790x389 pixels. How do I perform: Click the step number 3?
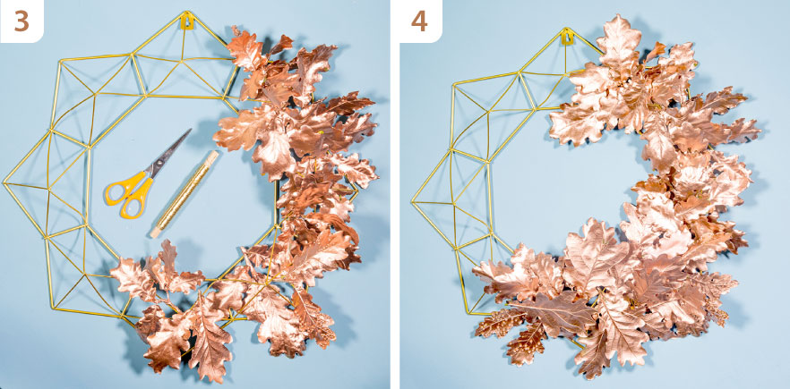pos(21,21)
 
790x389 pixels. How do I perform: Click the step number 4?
pos(419,21)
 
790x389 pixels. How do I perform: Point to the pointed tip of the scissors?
pos(191,130)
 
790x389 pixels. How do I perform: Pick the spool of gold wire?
pos(185,194)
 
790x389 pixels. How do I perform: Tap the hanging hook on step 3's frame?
pos(187,21)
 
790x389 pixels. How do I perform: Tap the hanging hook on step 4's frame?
pos(567,37)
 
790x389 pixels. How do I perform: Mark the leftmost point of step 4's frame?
pos(412,202)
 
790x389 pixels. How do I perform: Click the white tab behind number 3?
pos(21,21)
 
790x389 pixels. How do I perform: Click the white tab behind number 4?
pos(420,21)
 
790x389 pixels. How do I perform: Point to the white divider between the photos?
pos(394,194)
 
